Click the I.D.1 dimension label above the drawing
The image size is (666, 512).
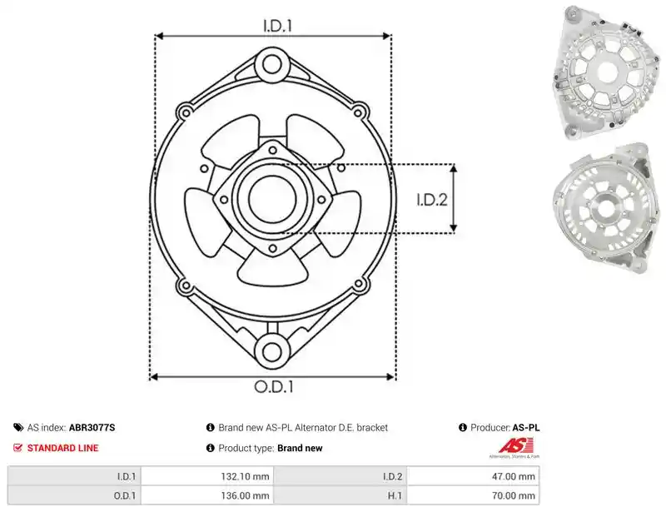pos(278,26)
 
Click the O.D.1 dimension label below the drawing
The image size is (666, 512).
pos(274,386)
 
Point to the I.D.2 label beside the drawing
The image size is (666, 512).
pos(432,199)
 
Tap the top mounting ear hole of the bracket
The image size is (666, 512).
pos(272,65)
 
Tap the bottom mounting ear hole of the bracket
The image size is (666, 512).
pos(272,351)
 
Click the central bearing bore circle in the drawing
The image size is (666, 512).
pos(273,198)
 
